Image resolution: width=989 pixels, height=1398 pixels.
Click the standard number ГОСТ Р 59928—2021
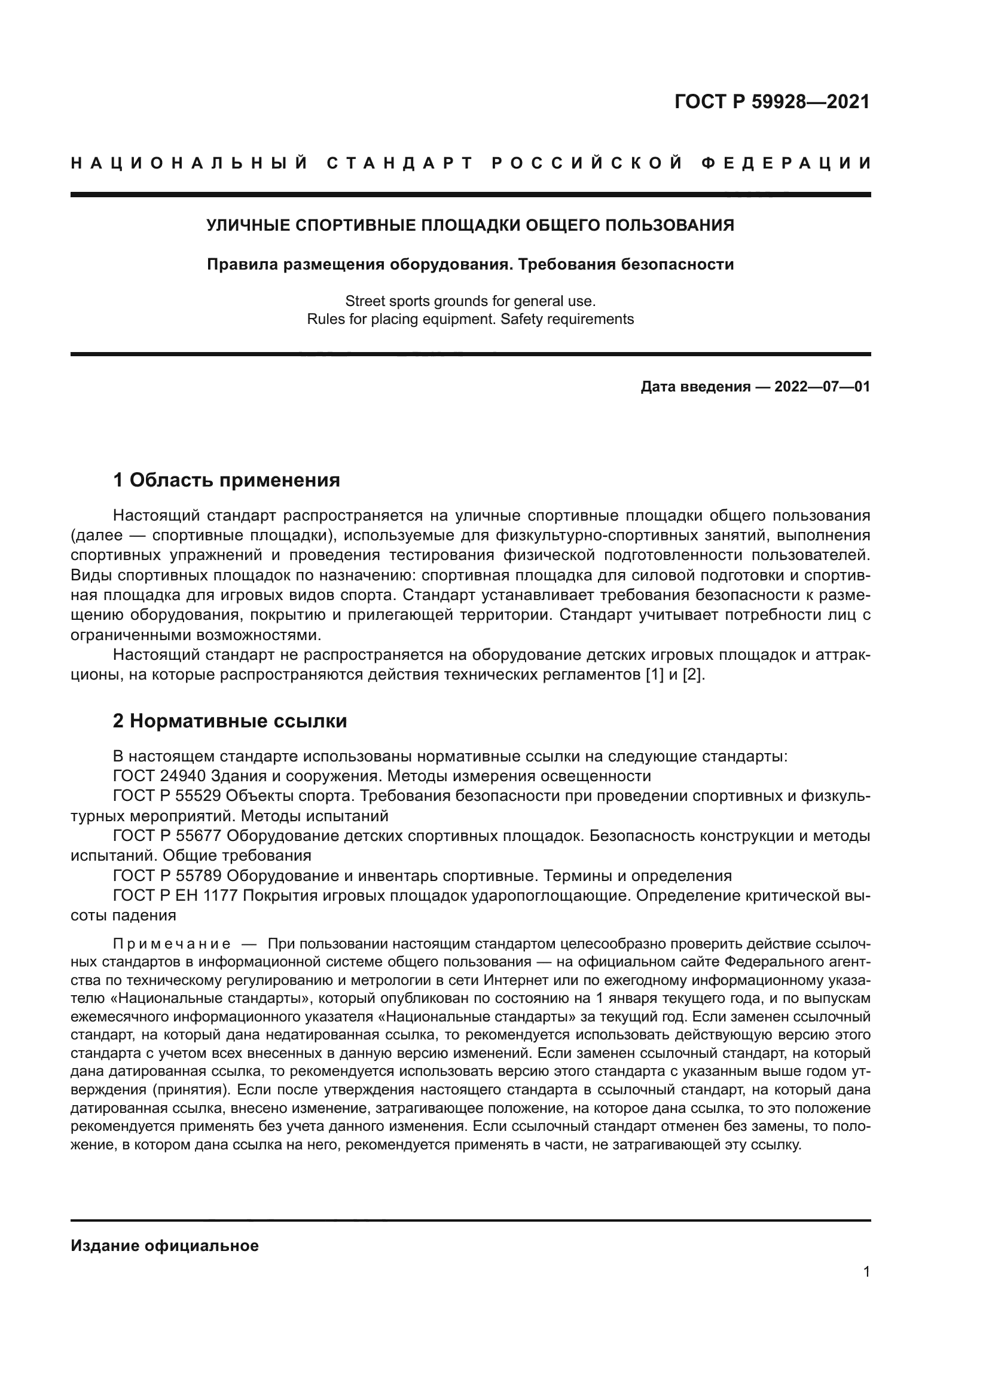click(x=771, y=102)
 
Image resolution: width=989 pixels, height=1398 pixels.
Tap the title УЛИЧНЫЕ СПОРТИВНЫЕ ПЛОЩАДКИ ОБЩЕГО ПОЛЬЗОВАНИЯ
click(x=470, y=225)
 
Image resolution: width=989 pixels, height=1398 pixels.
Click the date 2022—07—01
click(x=822, y=387)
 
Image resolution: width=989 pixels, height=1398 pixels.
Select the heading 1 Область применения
click(x=227, y=481)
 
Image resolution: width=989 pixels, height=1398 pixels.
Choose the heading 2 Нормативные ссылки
click(x=230, y=721)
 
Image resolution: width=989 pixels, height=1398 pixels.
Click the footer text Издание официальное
click(x=164, y=1246)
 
